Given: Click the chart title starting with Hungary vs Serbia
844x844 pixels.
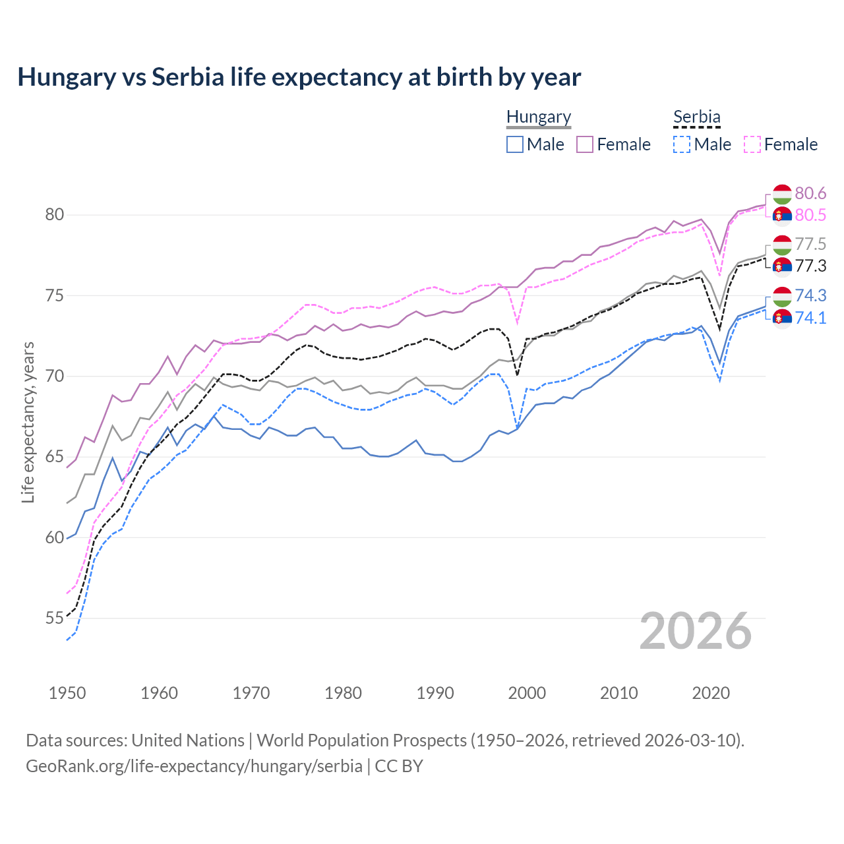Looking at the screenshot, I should [299, 77].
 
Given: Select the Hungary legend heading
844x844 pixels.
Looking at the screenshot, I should [538, 117].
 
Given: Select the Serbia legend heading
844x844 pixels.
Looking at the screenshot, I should [696, 117].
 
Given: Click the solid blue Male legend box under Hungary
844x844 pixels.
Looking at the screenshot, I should [515, 144].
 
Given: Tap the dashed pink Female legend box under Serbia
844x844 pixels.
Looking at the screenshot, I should [752, 144].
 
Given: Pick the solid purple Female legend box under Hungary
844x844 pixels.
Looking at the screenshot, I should [585, 144].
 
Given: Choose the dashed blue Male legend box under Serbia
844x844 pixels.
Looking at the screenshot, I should [682, 144].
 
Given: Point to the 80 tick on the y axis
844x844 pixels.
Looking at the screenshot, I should [55, 215].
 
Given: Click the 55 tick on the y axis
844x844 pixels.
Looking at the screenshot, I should [55, 618].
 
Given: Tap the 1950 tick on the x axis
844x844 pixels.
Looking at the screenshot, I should [67, 693].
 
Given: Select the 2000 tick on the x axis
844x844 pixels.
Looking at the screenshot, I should [527, 693].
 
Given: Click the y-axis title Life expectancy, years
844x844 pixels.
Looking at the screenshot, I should [28, 422].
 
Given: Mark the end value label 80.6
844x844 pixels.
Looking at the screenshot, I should [810, 193].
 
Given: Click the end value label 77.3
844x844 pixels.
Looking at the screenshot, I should [810, 266].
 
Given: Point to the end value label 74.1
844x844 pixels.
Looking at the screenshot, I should [810, 318].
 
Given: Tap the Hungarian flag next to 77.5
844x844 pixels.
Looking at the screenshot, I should [782, 245].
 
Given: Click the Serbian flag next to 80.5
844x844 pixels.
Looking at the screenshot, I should [782, 216].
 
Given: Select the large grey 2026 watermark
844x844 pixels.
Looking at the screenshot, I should [695, 631].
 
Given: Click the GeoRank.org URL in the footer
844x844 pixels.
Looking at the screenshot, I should [194, 766].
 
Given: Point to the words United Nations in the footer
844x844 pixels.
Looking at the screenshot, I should [188, 740].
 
